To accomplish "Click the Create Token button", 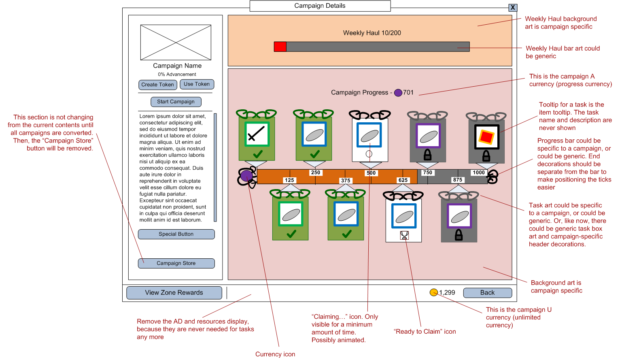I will click(157, 85).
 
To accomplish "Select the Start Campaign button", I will click(176, 102).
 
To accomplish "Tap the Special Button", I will click(176, 234).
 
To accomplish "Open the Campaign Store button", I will click(176, 263).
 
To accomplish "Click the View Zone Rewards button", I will click(174, 293).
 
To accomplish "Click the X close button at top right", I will click(512, 7).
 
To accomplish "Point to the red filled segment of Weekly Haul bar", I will click(280, 47).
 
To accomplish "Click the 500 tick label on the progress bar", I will click(371, 173).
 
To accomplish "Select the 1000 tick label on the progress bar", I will click(478, 173).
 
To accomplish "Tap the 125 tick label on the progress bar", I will click(289, 180).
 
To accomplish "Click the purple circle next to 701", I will click(398, 93).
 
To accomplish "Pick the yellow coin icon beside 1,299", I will click(434, 292).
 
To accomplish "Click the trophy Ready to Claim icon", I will click(404, 235).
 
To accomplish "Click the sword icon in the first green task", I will click(257, 134).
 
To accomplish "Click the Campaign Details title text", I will click(320, 6).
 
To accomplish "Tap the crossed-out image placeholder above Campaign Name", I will click(176, 43).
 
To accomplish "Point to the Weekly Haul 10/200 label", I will click(372, 33).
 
